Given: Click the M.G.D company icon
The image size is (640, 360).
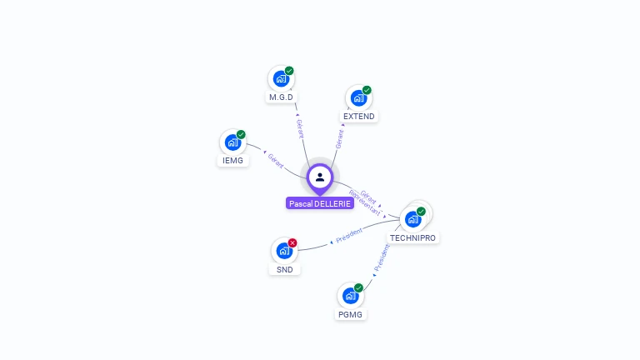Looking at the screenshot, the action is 282,79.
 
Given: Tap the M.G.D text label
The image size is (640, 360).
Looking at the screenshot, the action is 282,97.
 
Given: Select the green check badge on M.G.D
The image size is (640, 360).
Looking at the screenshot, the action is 289,71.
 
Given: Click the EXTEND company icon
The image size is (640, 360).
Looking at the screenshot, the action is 358,98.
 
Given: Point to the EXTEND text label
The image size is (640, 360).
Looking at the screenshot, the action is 359,117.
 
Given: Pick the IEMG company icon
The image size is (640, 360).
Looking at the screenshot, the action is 233,142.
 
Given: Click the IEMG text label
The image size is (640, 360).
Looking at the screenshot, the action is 233,160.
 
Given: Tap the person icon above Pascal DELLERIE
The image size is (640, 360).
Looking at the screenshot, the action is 320,177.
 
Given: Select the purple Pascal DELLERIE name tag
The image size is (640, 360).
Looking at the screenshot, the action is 320,203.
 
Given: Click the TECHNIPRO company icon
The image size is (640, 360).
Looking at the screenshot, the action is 412,219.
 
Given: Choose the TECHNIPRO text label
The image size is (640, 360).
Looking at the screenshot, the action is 412,237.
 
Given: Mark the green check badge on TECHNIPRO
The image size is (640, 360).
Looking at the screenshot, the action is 421,211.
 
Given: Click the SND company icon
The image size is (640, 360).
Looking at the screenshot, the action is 284,251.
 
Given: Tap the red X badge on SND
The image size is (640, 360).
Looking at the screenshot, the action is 292,242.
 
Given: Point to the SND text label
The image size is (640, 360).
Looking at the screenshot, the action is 284,269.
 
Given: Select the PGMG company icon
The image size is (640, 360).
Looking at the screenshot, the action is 351,296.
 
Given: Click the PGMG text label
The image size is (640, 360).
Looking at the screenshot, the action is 351,314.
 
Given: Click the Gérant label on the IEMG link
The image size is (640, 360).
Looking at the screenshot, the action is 276,159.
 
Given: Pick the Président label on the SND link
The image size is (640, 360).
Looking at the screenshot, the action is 349,237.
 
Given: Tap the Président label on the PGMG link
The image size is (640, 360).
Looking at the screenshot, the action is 381,259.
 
